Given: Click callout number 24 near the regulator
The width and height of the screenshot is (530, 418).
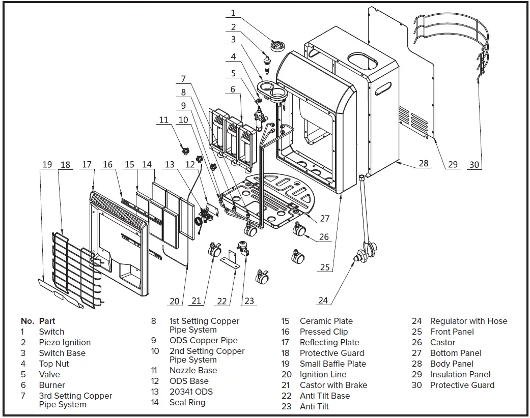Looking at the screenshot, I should tap(323, 300).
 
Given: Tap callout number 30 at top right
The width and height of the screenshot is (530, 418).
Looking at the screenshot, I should tap(474, 165).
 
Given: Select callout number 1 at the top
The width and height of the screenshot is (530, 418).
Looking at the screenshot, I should tap(233, 13).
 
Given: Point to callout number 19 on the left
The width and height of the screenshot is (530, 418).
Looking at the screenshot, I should tap(47, 165).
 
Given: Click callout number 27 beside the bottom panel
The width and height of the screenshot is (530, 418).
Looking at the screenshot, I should tap(325, 219).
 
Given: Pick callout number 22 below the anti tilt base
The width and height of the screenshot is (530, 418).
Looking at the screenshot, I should tap(222, 301).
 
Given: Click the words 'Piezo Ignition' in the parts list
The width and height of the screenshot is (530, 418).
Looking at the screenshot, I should tap(65, 342).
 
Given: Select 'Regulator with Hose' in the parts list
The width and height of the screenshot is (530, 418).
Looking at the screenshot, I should tap(468, 321).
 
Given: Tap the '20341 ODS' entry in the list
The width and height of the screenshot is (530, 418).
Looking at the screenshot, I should tap(191, 392).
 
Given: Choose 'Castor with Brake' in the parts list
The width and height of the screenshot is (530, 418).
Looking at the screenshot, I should tap(333, 385).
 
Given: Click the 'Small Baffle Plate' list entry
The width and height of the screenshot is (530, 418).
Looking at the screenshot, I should tap(332, 364).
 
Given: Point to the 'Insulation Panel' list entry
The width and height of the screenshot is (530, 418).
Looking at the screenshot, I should tap(460, 374).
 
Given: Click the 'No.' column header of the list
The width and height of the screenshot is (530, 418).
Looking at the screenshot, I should tap(27, 321).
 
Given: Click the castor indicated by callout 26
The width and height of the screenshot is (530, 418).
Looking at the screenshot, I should tap(299, 231).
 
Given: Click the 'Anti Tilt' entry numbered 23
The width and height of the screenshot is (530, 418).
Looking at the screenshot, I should tap(314, 406).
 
